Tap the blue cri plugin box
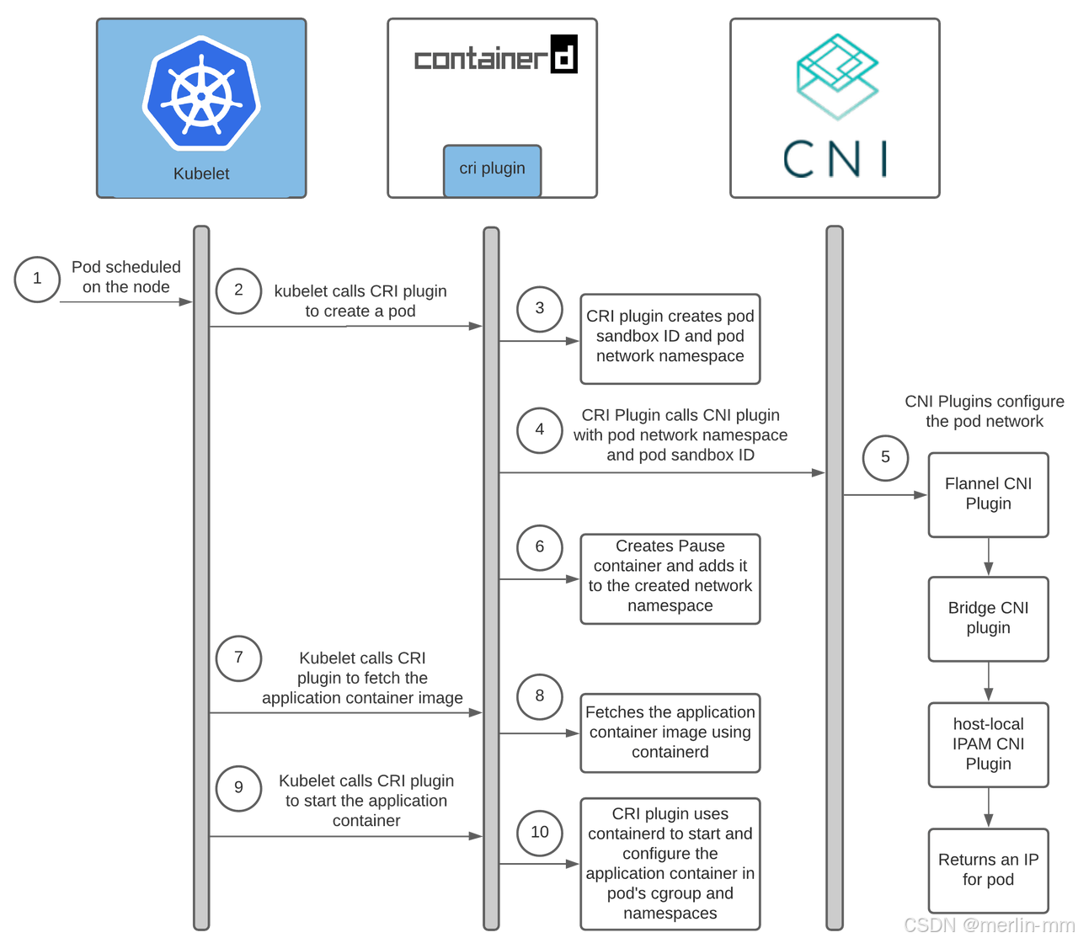click(x=492, y=169)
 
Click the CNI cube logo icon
click(x=837, y=77)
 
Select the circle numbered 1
click(x=36, y=279)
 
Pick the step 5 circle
click(x=885, y=457)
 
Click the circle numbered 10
click(x=540, y=833)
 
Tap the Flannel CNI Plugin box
click(x=988, y=494)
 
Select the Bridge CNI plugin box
click(x=988, y=618)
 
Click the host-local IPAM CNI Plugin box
click(x=988, y=743)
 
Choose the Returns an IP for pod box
click(x=988, y=870)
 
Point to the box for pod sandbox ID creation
click(x=670, y=337)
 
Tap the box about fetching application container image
click(x=670, y=732)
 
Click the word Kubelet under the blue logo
click(x=201, y=174)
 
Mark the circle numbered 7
click(x=238, y=658)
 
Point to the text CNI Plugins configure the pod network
click(x=984, y=412)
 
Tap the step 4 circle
click(x=540, y=430)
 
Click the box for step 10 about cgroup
click(x=670, y=864)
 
